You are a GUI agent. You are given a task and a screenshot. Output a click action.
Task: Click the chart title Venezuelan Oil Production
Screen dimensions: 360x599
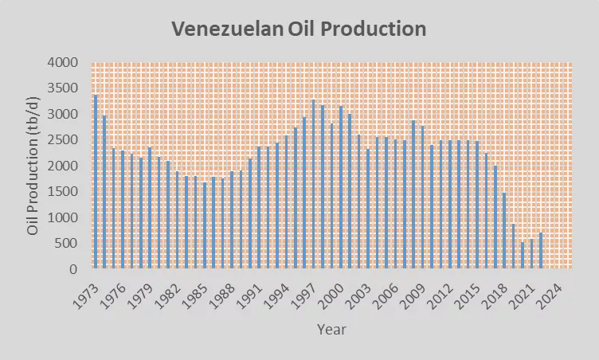pyautogui.click(x=299, y=29)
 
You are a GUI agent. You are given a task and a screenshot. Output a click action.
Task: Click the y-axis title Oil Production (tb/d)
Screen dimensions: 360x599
pyautogui.click(x=33, y=166)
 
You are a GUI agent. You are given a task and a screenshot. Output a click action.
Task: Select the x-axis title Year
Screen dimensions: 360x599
pyautogui.click(x=331, y=328)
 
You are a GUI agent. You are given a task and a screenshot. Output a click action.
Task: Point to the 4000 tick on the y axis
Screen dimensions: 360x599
pyautogui.click(x=62, y=63)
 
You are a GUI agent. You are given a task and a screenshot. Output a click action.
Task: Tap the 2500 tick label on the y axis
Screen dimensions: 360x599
pyautogui.click(x=62, y=140)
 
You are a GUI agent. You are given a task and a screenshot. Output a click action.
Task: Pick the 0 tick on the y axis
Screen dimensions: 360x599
pyautogui.click(x=74, y=269)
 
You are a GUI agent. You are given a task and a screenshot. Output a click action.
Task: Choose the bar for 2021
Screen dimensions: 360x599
pyautogui.click(x=530, y=254)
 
